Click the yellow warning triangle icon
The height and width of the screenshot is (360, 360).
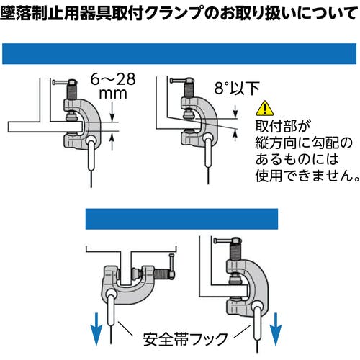tap(264, 109)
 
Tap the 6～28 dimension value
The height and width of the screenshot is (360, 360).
tap(113, 79)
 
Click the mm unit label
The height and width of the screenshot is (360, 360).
tap(113, 94)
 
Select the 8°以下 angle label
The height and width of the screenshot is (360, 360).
tap(237, 88)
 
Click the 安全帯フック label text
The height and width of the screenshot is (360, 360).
tap(185, 339)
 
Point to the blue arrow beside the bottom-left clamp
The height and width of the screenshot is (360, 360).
tap(96, 329)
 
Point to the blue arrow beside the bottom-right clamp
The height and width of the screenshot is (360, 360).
tap(276, 329)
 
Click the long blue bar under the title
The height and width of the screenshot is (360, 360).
tap(179, 54)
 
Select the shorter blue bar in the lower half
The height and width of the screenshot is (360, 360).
tap(181, 219)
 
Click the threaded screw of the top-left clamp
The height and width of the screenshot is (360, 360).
tap(71, 92)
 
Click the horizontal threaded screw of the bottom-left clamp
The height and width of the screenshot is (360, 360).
tap(161, 274)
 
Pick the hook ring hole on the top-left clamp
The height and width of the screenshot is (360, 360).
tap(91, 139)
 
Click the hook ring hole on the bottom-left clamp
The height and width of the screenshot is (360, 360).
tap(111, 293)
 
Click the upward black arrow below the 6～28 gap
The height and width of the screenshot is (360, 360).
tap(112, 143)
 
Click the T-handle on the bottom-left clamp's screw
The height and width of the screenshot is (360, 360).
tap(172, 263)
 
